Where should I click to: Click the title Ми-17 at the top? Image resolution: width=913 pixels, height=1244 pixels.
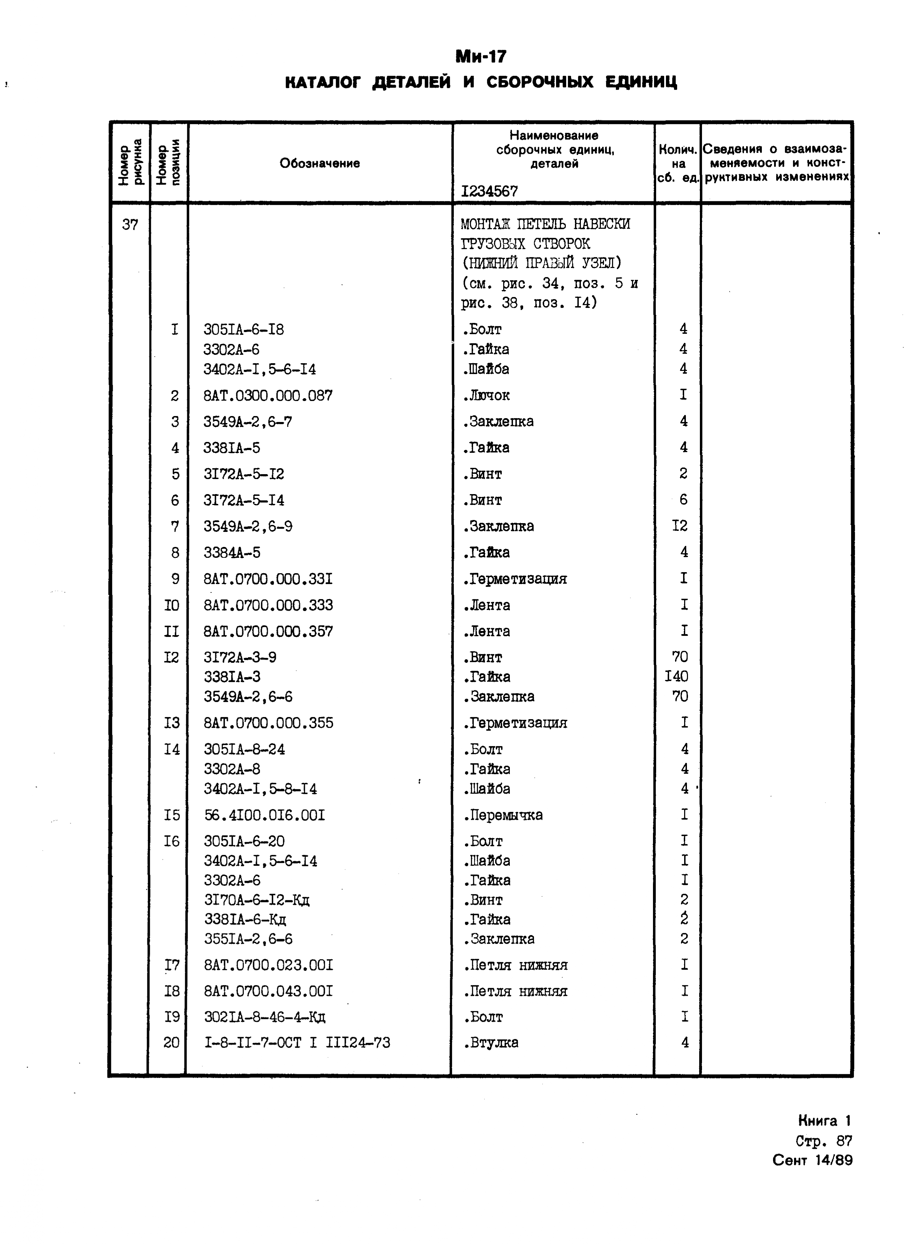(x=480, y=57)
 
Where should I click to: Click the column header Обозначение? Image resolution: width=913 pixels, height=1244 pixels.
(x=319, y=163)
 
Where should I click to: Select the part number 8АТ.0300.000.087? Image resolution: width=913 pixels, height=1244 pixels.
(x=268, y=396)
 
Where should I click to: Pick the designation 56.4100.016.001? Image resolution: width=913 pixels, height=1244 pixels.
(x=264, y=815)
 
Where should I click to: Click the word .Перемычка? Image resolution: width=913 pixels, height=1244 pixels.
(x=503, y=815)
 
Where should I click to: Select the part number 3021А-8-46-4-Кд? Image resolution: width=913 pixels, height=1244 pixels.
(x=265, y=1017)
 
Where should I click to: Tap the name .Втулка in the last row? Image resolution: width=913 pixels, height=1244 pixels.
(x=491, y=1043)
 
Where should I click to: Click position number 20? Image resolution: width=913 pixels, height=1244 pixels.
(x=171, y=1043)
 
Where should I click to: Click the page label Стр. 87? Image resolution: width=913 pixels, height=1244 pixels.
(x=823, y=1141)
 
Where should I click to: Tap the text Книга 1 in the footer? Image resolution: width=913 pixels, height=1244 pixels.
(x=824, y=1121)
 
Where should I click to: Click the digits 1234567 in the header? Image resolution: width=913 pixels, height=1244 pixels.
(x=489, y=191)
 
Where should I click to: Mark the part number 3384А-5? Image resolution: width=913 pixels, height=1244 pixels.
(x=232, y=553)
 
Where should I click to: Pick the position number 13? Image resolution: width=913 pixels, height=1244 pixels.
(x=172, y=723)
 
